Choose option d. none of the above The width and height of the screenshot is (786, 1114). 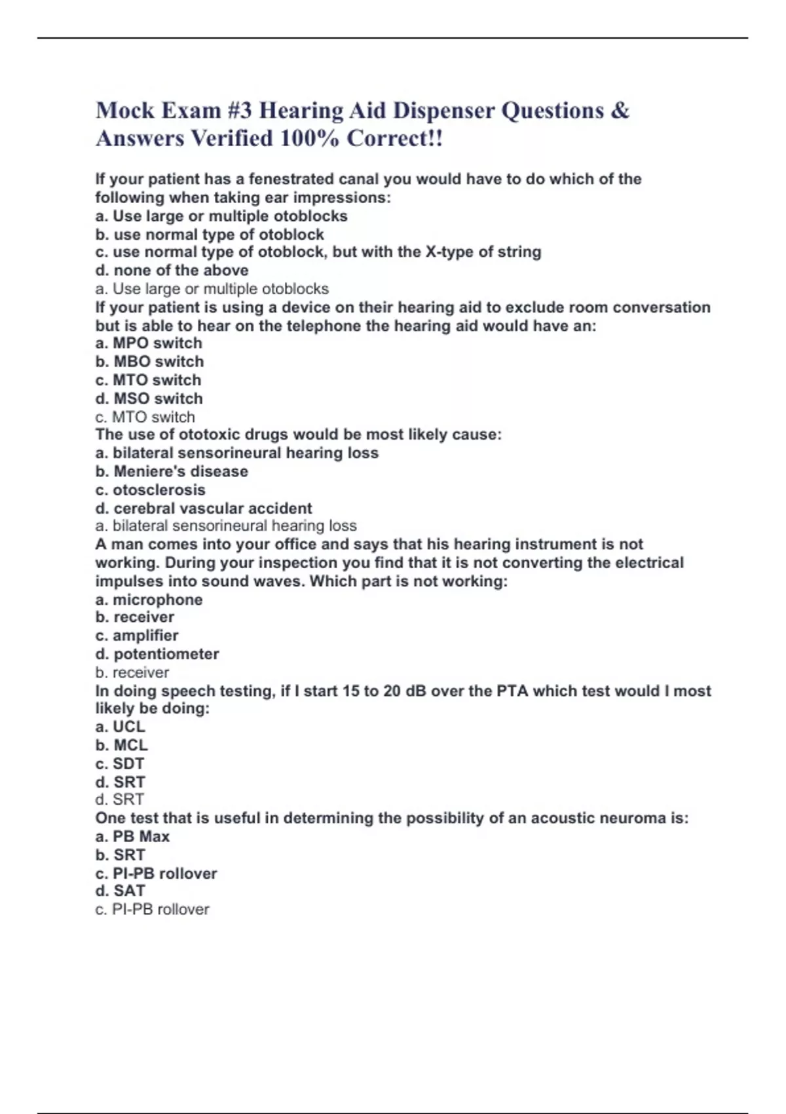(x=172, y=270)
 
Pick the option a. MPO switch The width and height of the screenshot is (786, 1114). (x=149, y=343)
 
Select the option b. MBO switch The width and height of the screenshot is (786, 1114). (x=149, y=361)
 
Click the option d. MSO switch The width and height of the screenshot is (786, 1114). (x=149, y=398)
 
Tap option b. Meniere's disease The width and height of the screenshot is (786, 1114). (x=172, y=471)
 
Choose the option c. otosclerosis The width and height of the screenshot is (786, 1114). (x=150, y=490)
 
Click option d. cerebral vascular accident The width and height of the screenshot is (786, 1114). (x=204, y=508)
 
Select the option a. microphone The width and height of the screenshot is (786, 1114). (x=149, y=599)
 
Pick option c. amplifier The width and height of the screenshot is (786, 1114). (x=137, y=635)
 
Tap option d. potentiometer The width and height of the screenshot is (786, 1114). (x=157, y=653)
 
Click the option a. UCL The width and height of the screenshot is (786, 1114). (x=120, y=726)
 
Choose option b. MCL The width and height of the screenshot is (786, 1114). (x=121, y=744)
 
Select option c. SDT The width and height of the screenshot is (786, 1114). (x=120, y=763)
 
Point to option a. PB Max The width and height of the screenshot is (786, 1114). (x=132, y=836)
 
